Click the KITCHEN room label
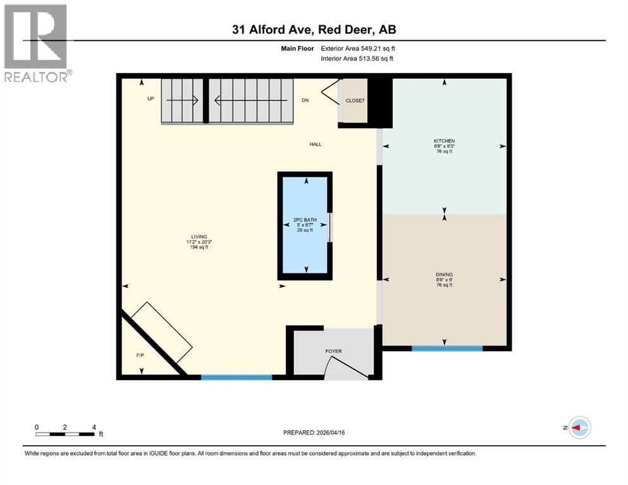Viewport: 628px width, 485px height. [x=444, y=141]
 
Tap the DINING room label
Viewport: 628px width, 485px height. [x=444, y=274]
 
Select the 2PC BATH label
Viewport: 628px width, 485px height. [x=305, y=220]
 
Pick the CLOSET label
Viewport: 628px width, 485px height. [x=355, y=100]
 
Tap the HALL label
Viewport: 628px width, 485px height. [x=315, y=144]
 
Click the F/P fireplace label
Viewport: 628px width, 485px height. [x=140, y=356]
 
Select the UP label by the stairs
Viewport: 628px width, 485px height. [x=151, y=99]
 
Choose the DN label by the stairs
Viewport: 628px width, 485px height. [x=305, y=100]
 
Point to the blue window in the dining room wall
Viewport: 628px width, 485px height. [x=447, y=347]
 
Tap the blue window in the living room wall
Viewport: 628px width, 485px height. [x=237, y=377]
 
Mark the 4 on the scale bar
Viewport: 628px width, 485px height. [x=94, y=427]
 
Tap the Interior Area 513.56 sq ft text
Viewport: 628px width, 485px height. [x=358, y=58]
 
